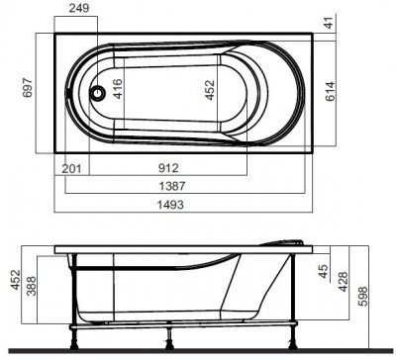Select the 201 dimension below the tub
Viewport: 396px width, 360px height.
pyautogui.click(x=70, y=168)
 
